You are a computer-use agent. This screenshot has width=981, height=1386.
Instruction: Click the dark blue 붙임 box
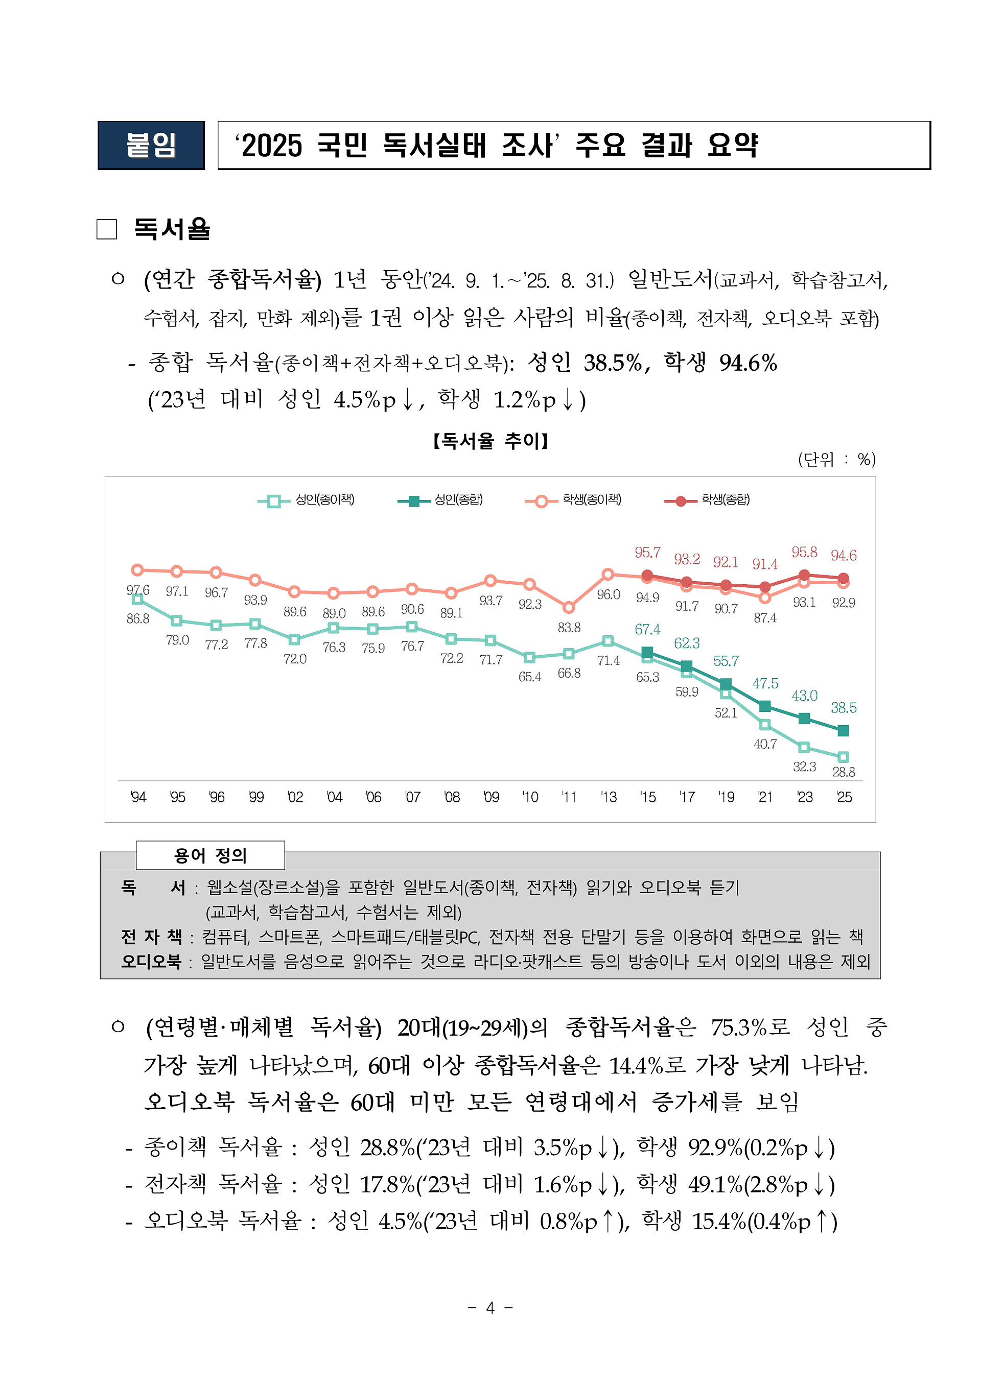coord(151,146)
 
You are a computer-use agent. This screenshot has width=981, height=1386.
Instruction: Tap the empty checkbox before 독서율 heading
coord(107,229)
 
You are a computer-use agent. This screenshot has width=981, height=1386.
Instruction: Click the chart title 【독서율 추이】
coord(490,441)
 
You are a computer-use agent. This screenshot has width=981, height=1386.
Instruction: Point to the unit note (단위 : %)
coord(836,460)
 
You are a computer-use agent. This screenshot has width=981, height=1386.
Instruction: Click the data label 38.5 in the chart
coord(843,707)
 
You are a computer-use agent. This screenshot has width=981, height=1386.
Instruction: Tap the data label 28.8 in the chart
coord(843,772)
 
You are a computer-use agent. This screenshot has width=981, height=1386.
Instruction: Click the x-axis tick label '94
coord(138,797)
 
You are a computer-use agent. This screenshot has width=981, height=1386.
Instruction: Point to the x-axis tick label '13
coord(609,797)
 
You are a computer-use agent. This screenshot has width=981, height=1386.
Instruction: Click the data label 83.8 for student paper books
coord(569,628)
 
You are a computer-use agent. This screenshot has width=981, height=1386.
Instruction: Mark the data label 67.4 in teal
coord(647,630)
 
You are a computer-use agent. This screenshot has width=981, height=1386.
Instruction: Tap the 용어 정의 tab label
coord(210,855)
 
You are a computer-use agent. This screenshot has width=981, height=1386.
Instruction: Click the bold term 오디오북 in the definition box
coord(151,962)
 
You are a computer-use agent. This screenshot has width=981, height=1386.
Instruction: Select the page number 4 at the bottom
coord(490,1307)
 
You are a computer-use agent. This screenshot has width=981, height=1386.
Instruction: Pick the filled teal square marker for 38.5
coord(843,731)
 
